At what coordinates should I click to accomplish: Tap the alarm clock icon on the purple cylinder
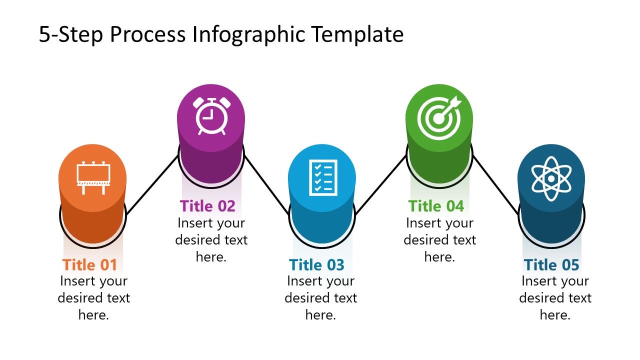(x=211, y=116)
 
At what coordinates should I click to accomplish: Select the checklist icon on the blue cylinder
(x=322, y=176)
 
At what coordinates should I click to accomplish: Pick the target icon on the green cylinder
(x=438, y=117)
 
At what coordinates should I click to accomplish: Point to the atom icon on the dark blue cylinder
(x=550, y=178)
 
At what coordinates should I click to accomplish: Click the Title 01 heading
(x=89, y=264)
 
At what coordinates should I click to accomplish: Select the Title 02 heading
(x=207, y=205)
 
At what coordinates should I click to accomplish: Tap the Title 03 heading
(x=316, y=264)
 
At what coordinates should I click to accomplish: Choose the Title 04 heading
(x=436, y=205)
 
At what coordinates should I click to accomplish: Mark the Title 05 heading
(x=551, y=264)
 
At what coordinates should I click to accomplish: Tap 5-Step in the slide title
(x=71, y=35)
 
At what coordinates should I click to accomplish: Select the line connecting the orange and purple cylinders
(x=152, y=185)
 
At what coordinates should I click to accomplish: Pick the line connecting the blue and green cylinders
(x=381, y=185)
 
